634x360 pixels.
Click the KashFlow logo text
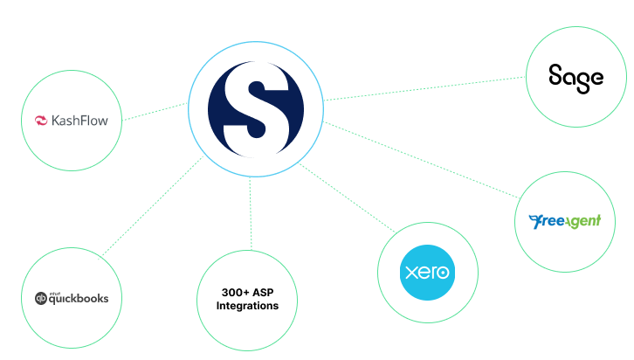point(79,121)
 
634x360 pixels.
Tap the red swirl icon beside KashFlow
point(41,121)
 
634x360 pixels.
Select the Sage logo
point(576,79)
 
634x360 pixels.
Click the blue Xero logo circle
point(427,273)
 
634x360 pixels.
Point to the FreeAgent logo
point(565,221)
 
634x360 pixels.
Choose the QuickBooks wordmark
point(79,299)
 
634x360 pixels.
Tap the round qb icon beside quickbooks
point(41,299)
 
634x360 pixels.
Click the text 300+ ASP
point(247,292)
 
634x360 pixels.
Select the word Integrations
point(247,306)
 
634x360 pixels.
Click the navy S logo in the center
point(256,109)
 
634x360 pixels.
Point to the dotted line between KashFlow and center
point(155,112)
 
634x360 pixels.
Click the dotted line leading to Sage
point(424,88)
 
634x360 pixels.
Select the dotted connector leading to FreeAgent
point(421,160)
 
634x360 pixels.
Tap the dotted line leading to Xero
point(347,197)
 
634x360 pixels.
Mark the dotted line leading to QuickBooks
point(153,206)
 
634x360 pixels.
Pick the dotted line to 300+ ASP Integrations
point(251,213)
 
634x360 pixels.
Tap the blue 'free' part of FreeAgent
point(547,221)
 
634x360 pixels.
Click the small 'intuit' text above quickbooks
point(55,294)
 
